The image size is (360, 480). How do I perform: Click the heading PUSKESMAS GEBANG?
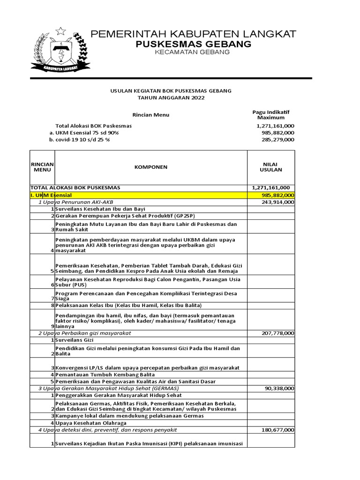pyautogui.click(x=193, y=44)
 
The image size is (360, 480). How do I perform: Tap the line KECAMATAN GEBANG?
pyautogui.click(x=193, y=52)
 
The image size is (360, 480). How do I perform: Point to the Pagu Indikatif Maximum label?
pyautogui.click(x=271, y=114)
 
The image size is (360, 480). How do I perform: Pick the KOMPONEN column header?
pyautogui.click(x=150, y=167)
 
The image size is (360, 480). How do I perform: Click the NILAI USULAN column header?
pyautogui.click(x=271, y=167)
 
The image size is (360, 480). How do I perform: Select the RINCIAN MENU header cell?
pyautogui.click(x=42, y=167)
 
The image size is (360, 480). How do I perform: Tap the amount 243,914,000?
pyautogui.click(x=276, y=202)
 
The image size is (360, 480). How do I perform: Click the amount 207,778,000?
pyautogui.click(x=276, y=333)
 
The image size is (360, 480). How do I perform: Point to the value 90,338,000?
pyautogui.click(x=279, y=389)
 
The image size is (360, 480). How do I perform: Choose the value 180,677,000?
pyautogui.click(x=276, y=430)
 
